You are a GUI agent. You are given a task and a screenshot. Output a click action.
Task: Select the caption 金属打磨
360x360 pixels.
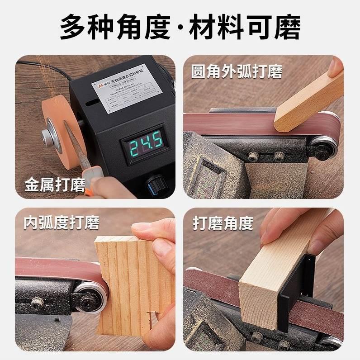pos(54,185)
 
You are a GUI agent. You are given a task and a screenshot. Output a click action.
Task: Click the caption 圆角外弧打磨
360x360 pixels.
pos(237,72)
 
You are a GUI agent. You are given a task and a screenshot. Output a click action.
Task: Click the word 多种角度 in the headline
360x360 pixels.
pos(115,27)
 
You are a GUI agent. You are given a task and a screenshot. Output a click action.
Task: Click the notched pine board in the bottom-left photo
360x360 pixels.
pos(131,285)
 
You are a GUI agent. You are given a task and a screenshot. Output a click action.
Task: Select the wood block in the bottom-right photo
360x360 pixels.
pos(271,276)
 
